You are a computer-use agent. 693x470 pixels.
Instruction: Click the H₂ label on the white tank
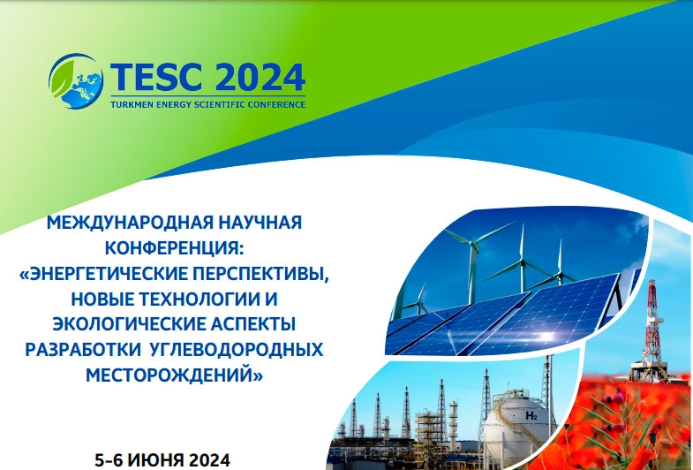click(x=531, y=415)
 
